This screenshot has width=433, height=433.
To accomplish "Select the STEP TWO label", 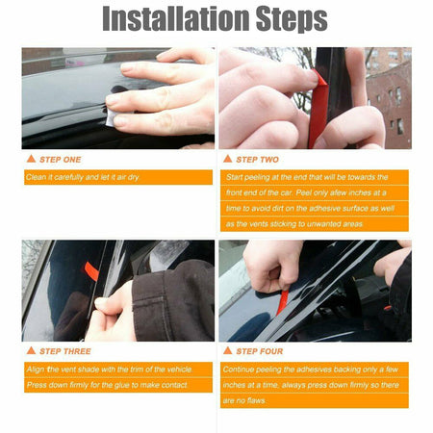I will coord(258,159).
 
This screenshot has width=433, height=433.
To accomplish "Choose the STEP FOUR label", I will coord(260,352).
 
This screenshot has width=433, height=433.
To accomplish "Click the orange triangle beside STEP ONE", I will coord(31,159).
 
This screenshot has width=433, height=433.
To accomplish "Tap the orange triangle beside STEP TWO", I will coord(227,159).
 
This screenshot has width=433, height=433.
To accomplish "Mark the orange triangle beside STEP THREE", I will coord(31,352).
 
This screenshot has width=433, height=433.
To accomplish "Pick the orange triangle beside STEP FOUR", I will coord(227,352).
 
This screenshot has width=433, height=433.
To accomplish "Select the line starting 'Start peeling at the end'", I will coord(307,178).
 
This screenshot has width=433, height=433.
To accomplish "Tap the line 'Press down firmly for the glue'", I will coord(106,385).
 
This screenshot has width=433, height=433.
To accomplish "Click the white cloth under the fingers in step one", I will coord(115,116).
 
